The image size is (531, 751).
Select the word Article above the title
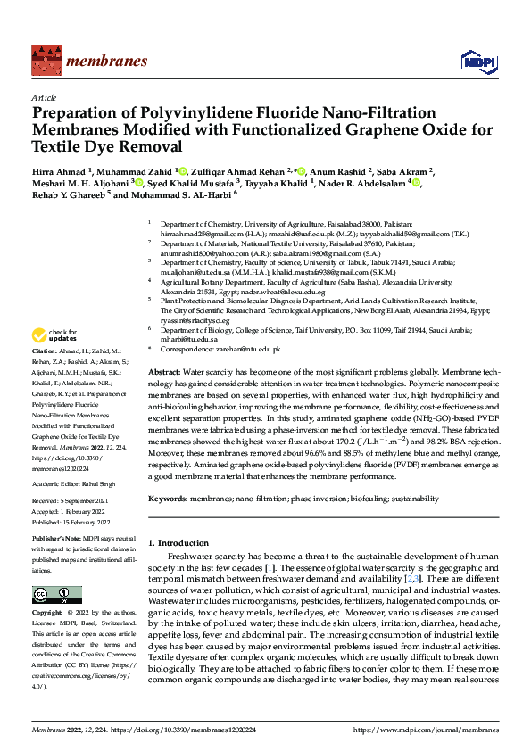(43, 97)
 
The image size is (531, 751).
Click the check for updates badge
(53, 336)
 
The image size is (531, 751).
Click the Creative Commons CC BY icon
(56, 595)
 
